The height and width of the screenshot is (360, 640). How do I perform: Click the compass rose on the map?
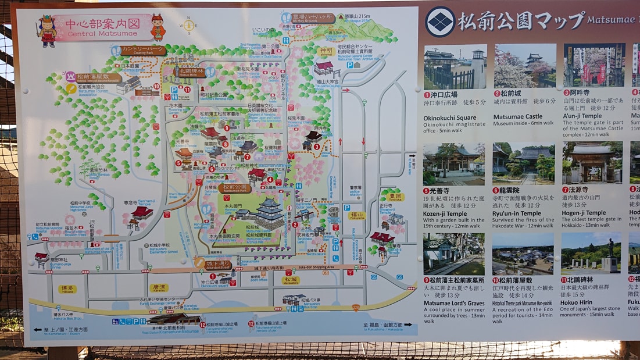pyautogui.click(x=188, y=25)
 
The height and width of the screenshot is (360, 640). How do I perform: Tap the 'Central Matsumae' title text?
pyautogui.click(x=103, y=34)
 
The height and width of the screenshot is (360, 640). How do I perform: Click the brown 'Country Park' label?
pyautogui.click(x=143, y=50)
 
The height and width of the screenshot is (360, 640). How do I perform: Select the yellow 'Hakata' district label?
pyautogui.click(x=68, y=288)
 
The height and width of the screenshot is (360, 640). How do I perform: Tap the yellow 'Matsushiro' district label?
pyautogui.click(x=291, y=280)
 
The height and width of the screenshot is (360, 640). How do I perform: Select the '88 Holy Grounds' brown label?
pyautogui.click(x=314, y=18)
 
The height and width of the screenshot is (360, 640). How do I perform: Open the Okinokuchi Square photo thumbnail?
pyautogui.click(x=455, y=66)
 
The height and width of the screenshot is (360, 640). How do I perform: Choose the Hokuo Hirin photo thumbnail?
pyautogui.click(x=589, y=253)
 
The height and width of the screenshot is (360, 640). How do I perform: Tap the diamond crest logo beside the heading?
pyautogui.click(x=440, y=22)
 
